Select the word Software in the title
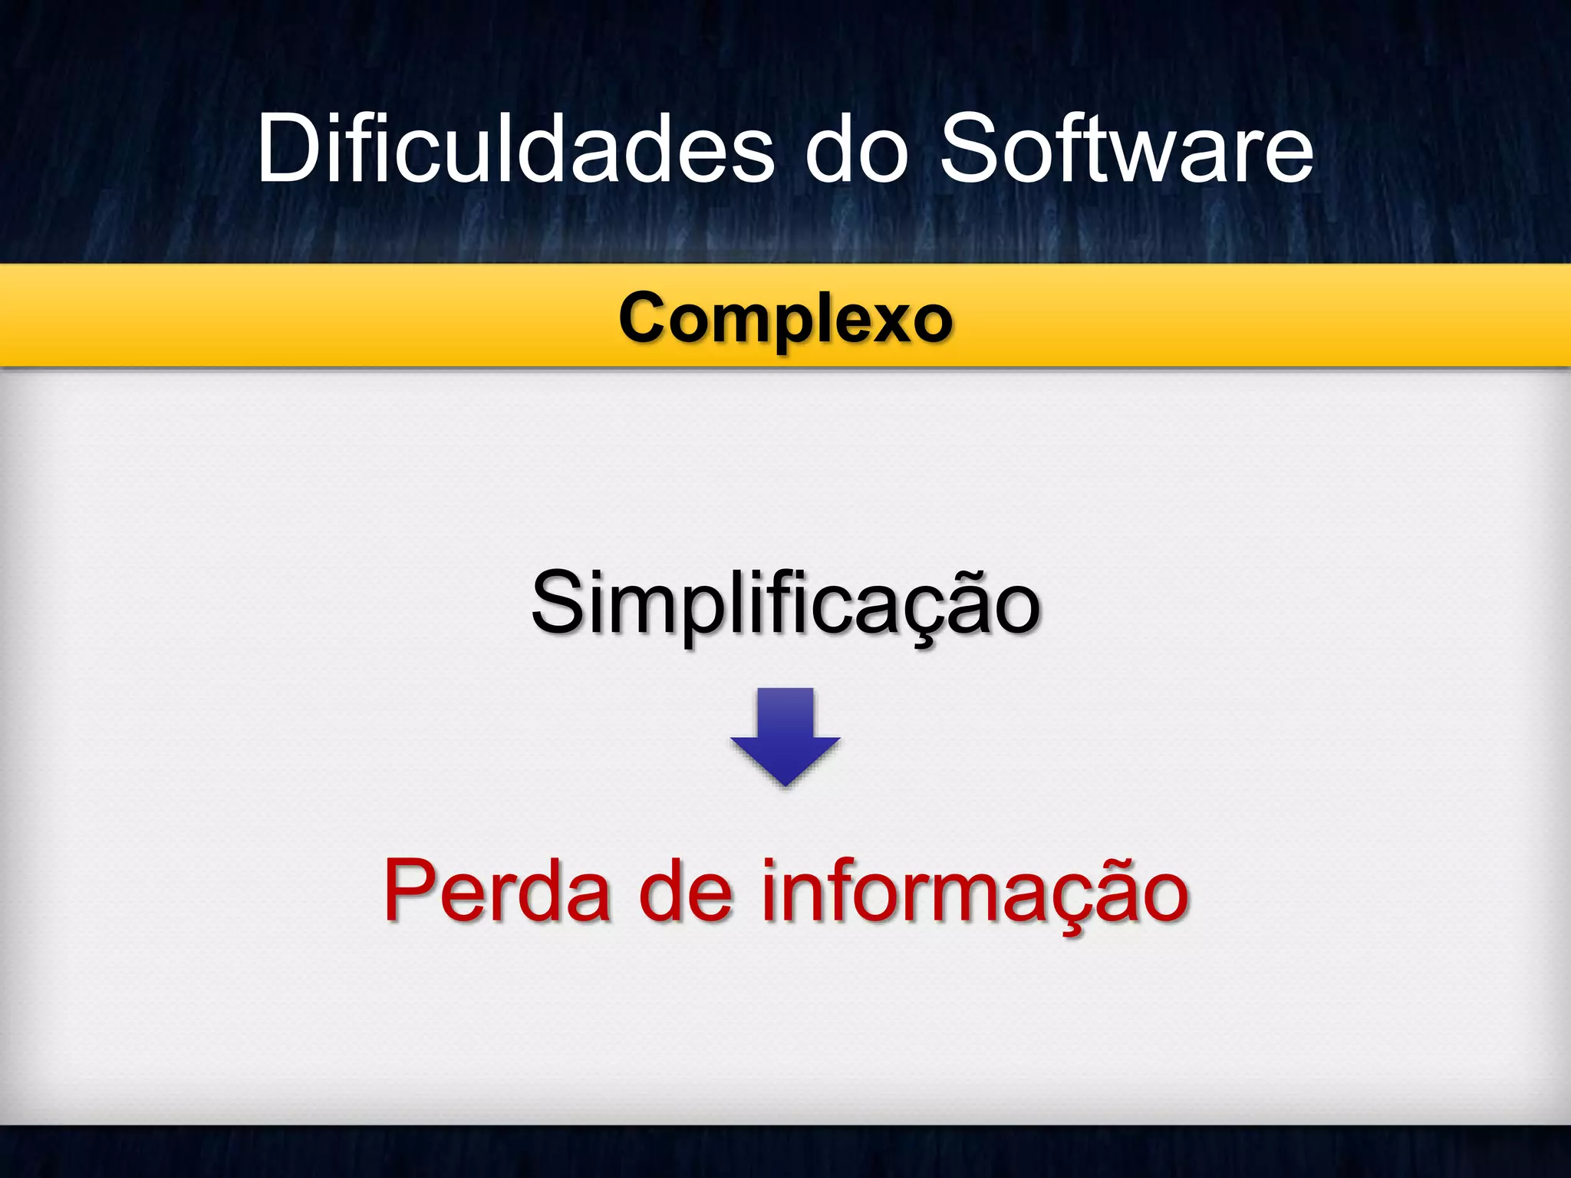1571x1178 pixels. (x=1126, y=149)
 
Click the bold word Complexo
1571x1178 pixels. (x=785, y=318)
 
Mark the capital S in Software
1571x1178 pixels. (x=971, y=149)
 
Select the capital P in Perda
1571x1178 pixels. (x=411, y=890)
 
